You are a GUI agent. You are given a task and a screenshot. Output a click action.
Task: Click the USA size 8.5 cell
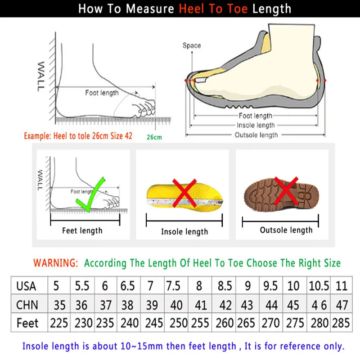225,286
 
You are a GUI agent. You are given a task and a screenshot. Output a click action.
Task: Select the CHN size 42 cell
225,305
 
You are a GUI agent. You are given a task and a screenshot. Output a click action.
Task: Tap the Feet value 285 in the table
341,323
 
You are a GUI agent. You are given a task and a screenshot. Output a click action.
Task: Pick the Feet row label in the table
27,323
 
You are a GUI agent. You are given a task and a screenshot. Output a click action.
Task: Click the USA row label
26,286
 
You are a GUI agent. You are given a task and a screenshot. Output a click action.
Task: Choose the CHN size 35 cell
59,305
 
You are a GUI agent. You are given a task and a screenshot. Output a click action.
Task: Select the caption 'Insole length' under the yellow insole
184,232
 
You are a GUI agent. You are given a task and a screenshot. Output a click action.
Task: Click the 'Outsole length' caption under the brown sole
286,230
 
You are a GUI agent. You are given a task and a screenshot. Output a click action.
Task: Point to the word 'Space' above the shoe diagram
192,45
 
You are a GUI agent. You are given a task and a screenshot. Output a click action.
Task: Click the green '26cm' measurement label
154,137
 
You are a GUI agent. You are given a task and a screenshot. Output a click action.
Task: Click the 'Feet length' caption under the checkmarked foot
82,231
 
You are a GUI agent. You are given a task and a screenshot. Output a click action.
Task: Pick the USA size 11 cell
341,286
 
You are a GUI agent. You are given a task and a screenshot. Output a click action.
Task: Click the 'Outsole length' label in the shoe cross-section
256,135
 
